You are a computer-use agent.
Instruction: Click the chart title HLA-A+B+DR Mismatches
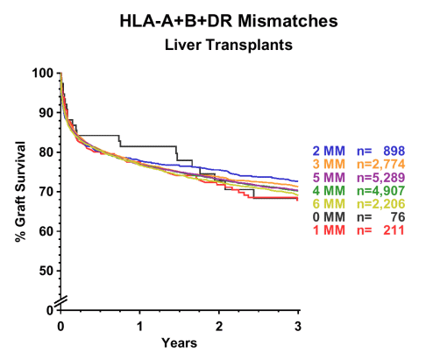pos(229,21)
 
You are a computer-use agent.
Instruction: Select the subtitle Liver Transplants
pos(229,45)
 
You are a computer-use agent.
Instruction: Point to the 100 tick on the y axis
pos(43,73)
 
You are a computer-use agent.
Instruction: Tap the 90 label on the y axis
pos(46,113)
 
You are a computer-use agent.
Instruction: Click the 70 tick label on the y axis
pos(46,192)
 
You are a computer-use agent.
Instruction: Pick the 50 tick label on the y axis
pos(46,271)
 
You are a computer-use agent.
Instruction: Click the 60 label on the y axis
pos(46,231)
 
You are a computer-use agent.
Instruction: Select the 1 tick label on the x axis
pos(140,326)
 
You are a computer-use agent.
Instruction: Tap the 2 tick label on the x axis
pos(219,326)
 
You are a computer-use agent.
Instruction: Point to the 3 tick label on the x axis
pos(298,326)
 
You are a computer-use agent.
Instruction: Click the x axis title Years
pos(180,342)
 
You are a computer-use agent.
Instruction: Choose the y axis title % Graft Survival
pos(21,192)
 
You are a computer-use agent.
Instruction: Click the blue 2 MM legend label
pos(329,152)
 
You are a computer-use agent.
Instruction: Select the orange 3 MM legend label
pos(329,165)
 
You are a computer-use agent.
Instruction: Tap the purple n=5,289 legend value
pos(381,178)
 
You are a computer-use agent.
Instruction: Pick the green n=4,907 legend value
pos(381,191)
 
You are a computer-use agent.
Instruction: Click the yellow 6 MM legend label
pos(329,204)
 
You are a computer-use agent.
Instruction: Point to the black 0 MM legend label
pos(329,217)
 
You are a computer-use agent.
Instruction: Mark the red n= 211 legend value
pos(381,230)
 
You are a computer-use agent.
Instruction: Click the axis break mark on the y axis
pos(61,302)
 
